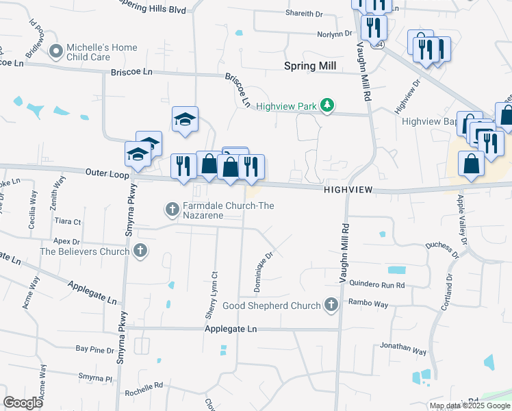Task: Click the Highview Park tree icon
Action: pos(328,105)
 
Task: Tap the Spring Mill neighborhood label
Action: pos(310,66)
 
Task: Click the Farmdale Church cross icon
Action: pos(172,207)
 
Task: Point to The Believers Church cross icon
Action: pos(140,251)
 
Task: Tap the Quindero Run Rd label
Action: pos(377,284)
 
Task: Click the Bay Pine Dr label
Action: pos(94,349)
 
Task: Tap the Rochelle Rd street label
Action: pos(144,389)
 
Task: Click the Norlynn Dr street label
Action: pos(334,34)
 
